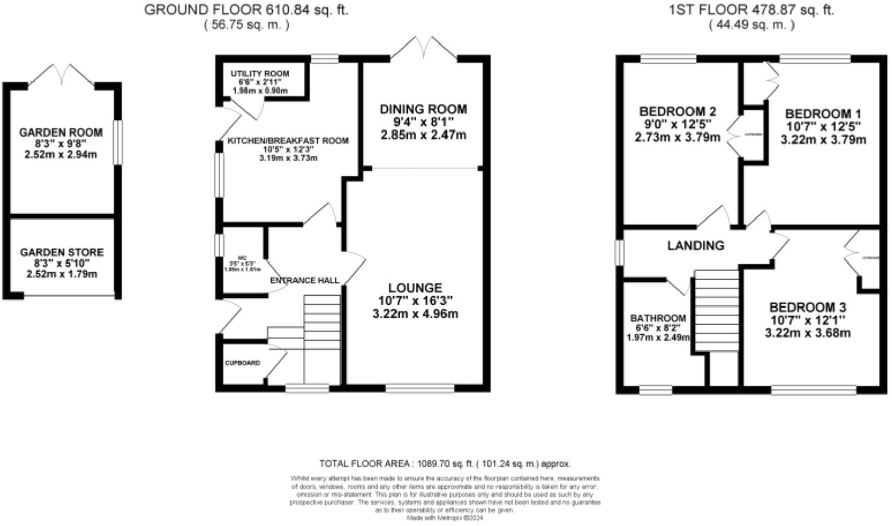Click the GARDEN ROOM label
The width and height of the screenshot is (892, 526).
pos(61,133)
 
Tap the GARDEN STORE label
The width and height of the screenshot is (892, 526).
pos(62,252)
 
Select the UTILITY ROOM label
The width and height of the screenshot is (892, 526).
pos(260,74)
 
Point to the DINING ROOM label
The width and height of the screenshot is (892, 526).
pos(423,109)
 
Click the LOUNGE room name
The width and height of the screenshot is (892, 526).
pos(415,288)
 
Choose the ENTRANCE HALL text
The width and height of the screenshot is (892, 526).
pos(305,280)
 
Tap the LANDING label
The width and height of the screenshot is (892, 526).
pos(696,246)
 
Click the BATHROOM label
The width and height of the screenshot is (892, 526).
pos(658,318)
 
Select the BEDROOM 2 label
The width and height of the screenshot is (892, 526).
pos(677,111)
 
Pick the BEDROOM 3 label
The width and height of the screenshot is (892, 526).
pos(807,308)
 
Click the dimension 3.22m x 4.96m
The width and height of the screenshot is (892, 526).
pos(415,314)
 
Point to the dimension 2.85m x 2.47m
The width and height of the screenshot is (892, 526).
pos(423,135)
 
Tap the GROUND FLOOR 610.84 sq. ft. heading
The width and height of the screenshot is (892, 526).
pos(246,10)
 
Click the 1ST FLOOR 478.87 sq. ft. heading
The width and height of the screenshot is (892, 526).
pos(752,10)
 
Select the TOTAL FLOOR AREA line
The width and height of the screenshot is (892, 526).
pos(445,464)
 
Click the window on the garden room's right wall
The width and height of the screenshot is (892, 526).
pos(118,142)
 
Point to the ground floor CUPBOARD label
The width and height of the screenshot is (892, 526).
pos(242,363)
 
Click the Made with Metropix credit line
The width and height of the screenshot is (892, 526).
pos(445,518)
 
